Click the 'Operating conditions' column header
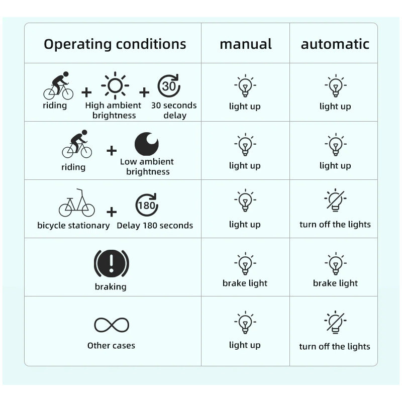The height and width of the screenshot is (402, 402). (x=115, y=44)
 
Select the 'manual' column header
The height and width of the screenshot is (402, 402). (x=245, y=44)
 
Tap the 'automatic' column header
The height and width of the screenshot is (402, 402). (x=335, y=44)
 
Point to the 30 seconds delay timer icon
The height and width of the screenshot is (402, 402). (x=169, y=85)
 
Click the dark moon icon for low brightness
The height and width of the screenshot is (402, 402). (x=147, y=144)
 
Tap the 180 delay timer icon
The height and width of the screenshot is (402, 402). (x=147, y=205)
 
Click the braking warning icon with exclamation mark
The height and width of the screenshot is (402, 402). (x=111, y=263)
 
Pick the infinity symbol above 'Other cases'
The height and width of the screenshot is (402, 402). (x=111, y=325)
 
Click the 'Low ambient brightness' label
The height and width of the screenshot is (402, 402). (x=147, y=167)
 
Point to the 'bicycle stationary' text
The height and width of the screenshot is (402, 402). (x=73, y=226)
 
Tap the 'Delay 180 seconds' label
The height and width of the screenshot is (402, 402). (x=155, y=226)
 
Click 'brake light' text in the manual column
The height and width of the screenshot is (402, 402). (x=245, y=283)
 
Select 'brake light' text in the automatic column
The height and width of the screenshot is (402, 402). (x=335, y=283)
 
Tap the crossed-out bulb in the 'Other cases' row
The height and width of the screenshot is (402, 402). (x=335, y=323)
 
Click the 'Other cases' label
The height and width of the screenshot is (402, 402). (x=111, y=346)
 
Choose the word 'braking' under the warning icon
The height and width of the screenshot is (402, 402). (x=111, y=287)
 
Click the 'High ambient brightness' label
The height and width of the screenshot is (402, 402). (x=114, y=111)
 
